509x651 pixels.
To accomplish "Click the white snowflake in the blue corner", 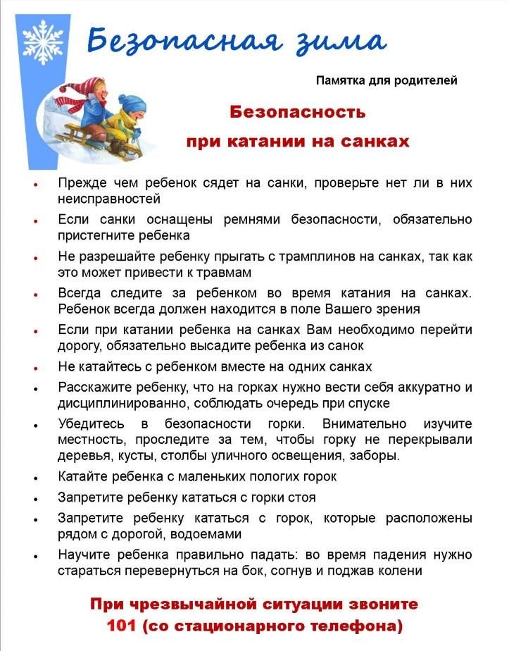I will pyautogui.click(x=42, y=42).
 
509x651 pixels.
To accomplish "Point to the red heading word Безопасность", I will pyautogui.click(x=298, y=112).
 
